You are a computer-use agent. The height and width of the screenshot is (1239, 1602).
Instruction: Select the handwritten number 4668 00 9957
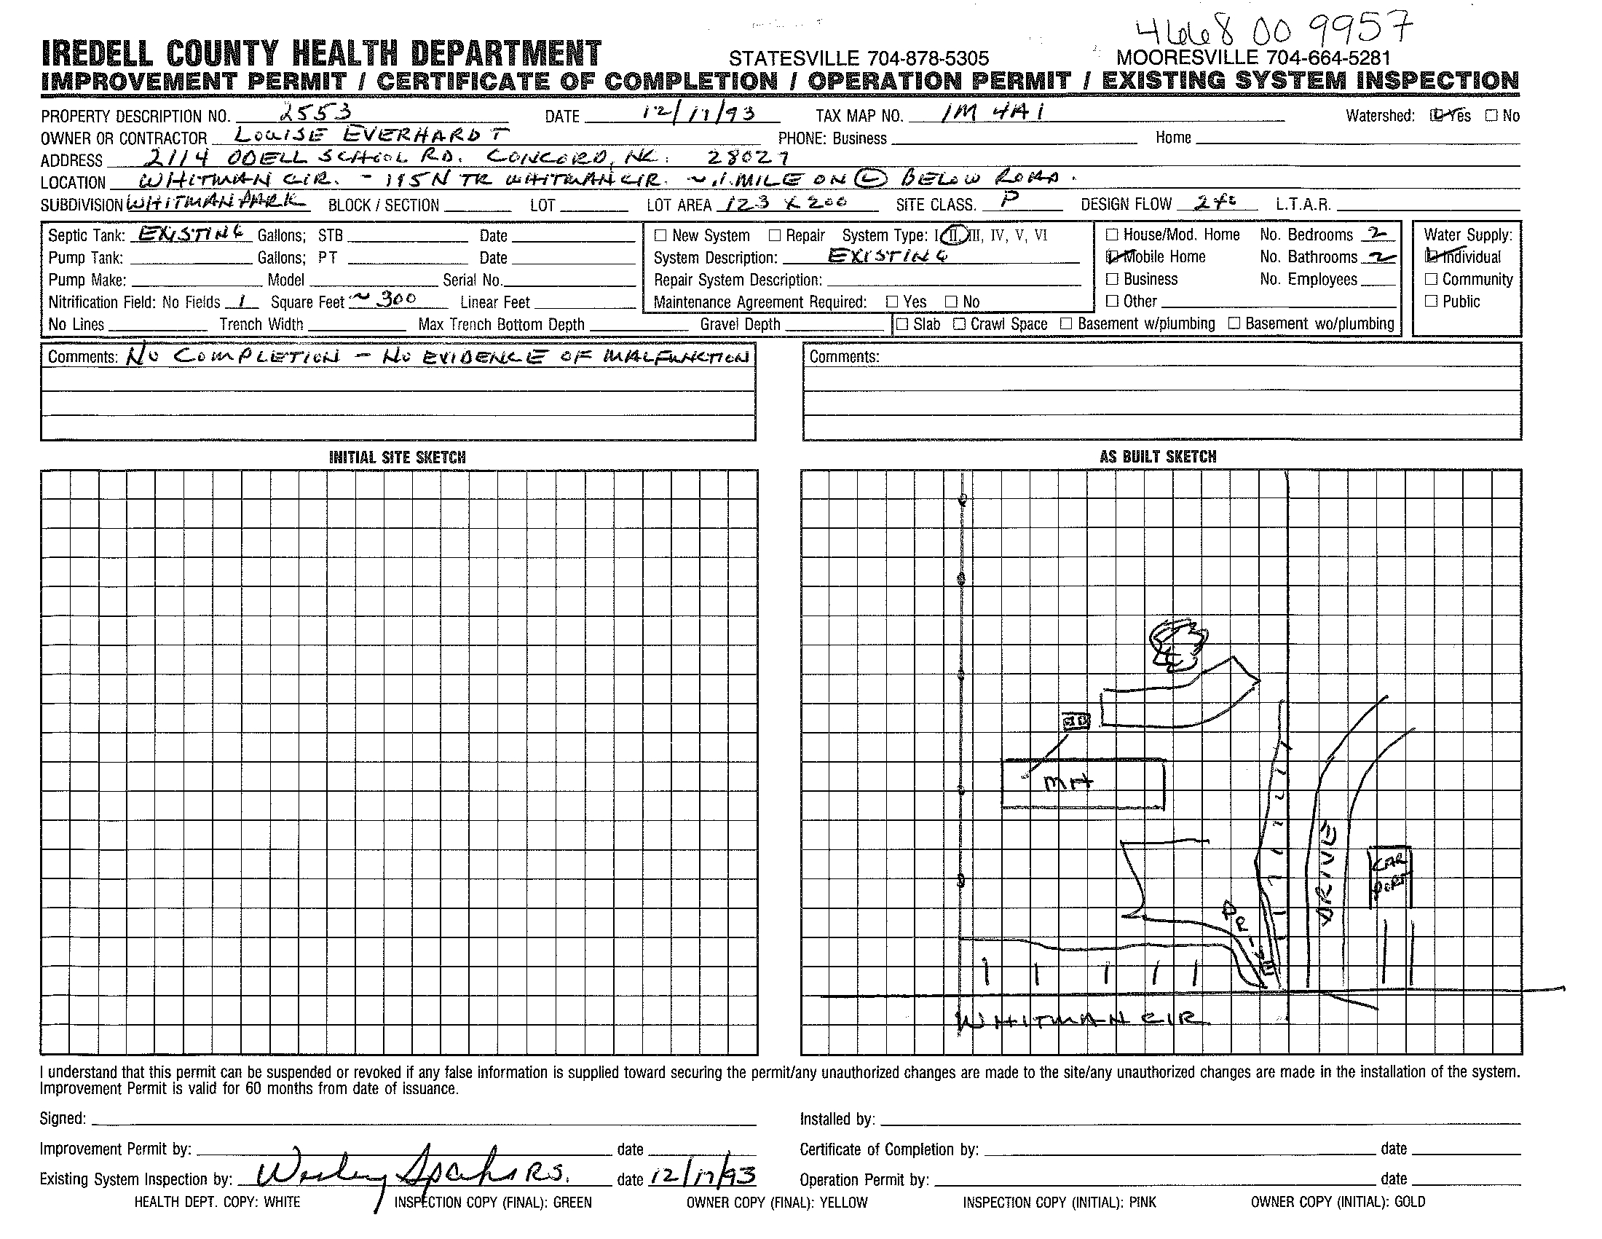pos(1274,29)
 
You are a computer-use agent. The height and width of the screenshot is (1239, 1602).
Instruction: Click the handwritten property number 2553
pos(316,111)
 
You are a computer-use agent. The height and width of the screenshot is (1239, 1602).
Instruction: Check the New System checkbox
pos(660,236)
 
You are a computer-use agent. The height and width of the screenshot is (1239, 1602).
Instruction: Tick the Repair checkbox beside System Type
pos(775,236)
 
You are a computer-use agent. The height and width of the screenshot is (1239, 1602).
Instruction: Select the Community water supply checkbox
pos(1431,280)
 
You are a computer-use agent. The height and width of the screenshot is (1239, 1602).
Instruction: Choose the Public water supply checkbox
pos(1431,302)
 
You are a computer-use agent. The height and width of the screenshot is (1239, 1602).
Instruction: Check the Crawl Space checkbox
pos(959,324)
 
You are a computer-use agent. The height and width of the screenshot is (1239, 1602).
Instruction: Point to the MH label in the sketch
pos(1068,784)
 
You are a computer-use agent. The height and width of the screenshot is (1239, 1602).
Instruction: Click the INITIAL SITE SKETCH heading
pos(397,457)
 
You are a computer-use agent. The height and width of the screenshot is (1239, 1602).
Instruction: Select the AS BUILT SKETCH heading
pos(1158,457)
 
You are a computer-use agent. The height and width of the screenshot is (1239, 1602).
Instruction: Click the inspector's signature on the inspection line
pos(411,1176)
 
